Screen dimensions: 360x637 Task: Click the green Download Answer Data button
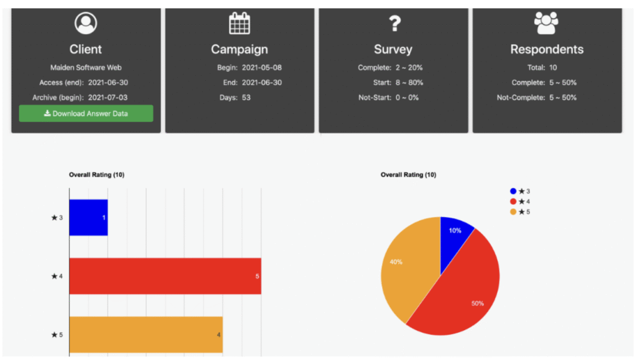[86, 114]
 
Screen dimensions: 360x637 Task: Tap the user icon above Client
[85, 24]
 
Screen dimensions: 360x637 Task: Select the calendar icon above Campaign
[239, 24]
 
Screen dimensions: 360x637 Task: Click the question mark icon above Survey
[394, 24]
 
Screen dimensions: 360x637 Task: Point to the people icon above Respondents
[546, 24]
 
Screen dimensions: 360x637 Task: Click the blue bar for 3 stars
[88, 218]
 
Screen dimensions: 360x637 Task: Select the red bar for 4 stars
[165, 275]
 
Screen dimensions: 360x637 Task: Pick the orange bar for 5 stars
[146, 335]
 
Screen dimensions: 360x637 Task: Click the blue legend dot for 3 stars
[513, 192]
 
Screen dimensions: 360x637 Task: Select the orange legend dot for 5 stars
[513, 212]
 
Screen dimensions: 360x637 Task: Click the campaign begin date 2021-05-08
[261, 67]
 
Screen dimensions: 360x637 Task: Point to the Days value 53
[246, 98]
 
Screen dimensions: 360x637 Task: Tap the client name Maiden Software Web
[86, 67]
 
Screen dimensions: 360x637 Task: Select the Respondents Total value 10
[553, 67]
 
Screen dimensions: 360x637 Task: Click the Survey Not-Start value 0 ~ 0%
[407, 98]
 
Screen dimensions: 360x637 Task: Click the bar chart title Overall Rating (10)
[96, 175]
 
